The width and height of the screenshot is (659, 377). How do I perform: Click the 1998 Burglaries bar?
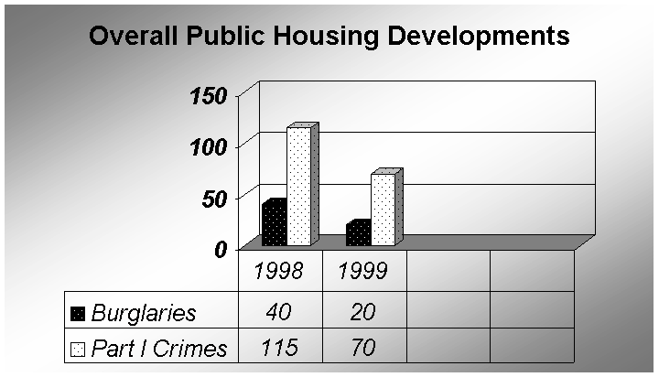pos(273,224)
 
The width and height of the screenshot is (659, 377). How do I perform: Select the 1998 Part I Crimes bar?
pos(299,187)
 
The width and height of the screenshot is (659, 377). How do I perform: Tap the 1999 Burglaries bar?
pos(358,234)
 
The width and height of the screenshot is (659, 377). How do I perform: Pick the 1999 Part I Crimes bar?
pos(383,210)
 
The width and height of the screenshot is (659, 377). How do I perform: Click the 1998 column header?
pos(280,272)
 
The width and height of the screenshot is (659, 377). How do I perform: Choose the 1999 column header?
pos(363,272)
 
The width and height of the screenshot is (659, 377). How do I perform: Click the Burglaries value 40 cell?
pos(280,312)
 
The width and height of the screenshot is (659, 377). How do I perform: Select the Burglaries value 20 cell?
pos(363,312)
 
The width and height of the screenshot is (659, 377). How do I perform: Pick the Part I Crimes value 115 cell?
pos(280,348)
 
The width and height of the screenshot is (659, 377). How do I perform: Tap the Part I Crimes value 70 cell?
pos(363,348)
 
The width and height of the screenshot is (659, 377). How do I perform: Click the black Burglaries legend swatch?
pos(77,313)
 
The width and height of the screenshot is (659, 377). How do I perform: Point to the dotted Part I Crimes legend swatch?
pos(77,349)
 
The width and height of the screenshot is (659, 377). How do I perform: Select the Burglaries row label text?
pos(144,313)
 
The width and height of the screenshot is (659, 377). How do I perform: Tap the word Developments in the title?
pos(481,38)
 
